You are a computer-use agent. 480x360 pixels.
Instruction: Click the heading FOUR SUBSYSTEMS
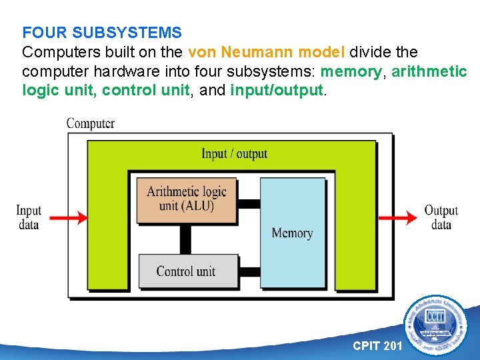(x=101, y=32)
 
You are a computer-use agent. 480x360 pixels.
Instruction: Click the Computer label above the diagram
(x=90, y=123)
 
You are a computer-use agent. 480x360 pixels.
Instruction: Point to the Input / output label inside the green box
(x=234, y=154)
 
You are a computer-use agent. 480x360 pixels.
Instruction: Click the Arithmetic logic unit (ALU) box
(x=187, y=199)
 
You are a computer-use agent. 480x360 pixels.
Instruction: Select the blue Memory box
(x=292, y=233)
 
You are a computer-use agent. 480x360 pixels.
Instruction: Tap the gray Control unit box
(x=186, y=271)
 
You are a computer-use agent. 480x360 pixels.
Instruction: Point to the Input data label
(x=29, y=217)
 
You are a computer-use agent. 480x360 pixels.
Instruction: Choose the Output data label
(x=441, y=217)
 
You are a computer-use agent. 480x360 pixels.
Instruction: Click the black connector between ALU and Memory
(x=249, y=203)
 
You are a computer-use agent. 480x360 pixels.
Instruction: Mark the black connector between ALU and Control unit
(x=185, y=238)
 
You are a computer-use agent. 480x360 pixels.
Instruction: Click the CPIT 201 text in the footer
(x=377, y=345)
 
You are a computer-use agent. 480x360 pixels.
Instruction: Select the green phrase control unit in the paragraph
(x=145, y=90)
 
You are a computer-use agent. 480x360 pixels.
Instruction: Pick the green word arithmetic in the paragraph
(x=429, y=71)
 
